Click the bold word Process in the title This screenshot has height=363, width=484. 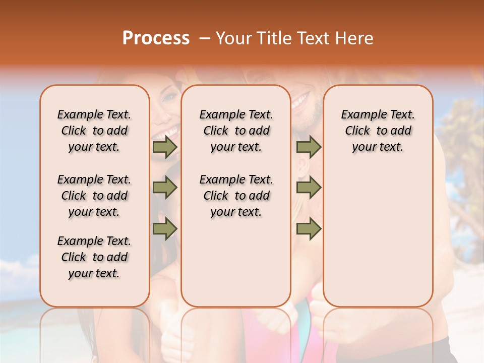click(x=156, y=38)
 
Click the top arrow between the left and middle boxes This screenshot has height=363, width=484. click(x=165, y=147)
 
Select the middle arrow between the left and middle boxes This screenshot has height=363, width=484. click(x=165, y=188)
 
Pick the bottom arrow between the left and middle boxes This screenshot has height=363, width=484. click(x=165, y=228)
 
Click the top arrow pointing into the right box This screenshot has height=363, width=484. click(x=309, y=147)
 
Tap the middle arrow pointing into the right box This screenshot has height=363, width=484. click(x=309, y=188)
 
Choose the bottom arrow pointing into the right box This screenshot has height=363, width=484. click(x=309, y=228)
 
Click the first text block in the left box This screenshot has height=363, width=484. click(x=94, y=131)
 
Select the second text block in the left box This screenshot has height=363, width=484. click(x=94, y=196)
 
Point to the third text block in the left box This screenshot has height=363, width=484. click(x=94, y=257)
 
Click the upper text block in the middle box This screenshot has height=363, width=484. click(x=236, y=131)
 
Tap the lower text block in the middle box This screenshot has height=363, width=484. click(x=236, y=196)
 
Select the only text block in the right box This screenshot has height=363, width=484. click(x=378, y=131)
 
